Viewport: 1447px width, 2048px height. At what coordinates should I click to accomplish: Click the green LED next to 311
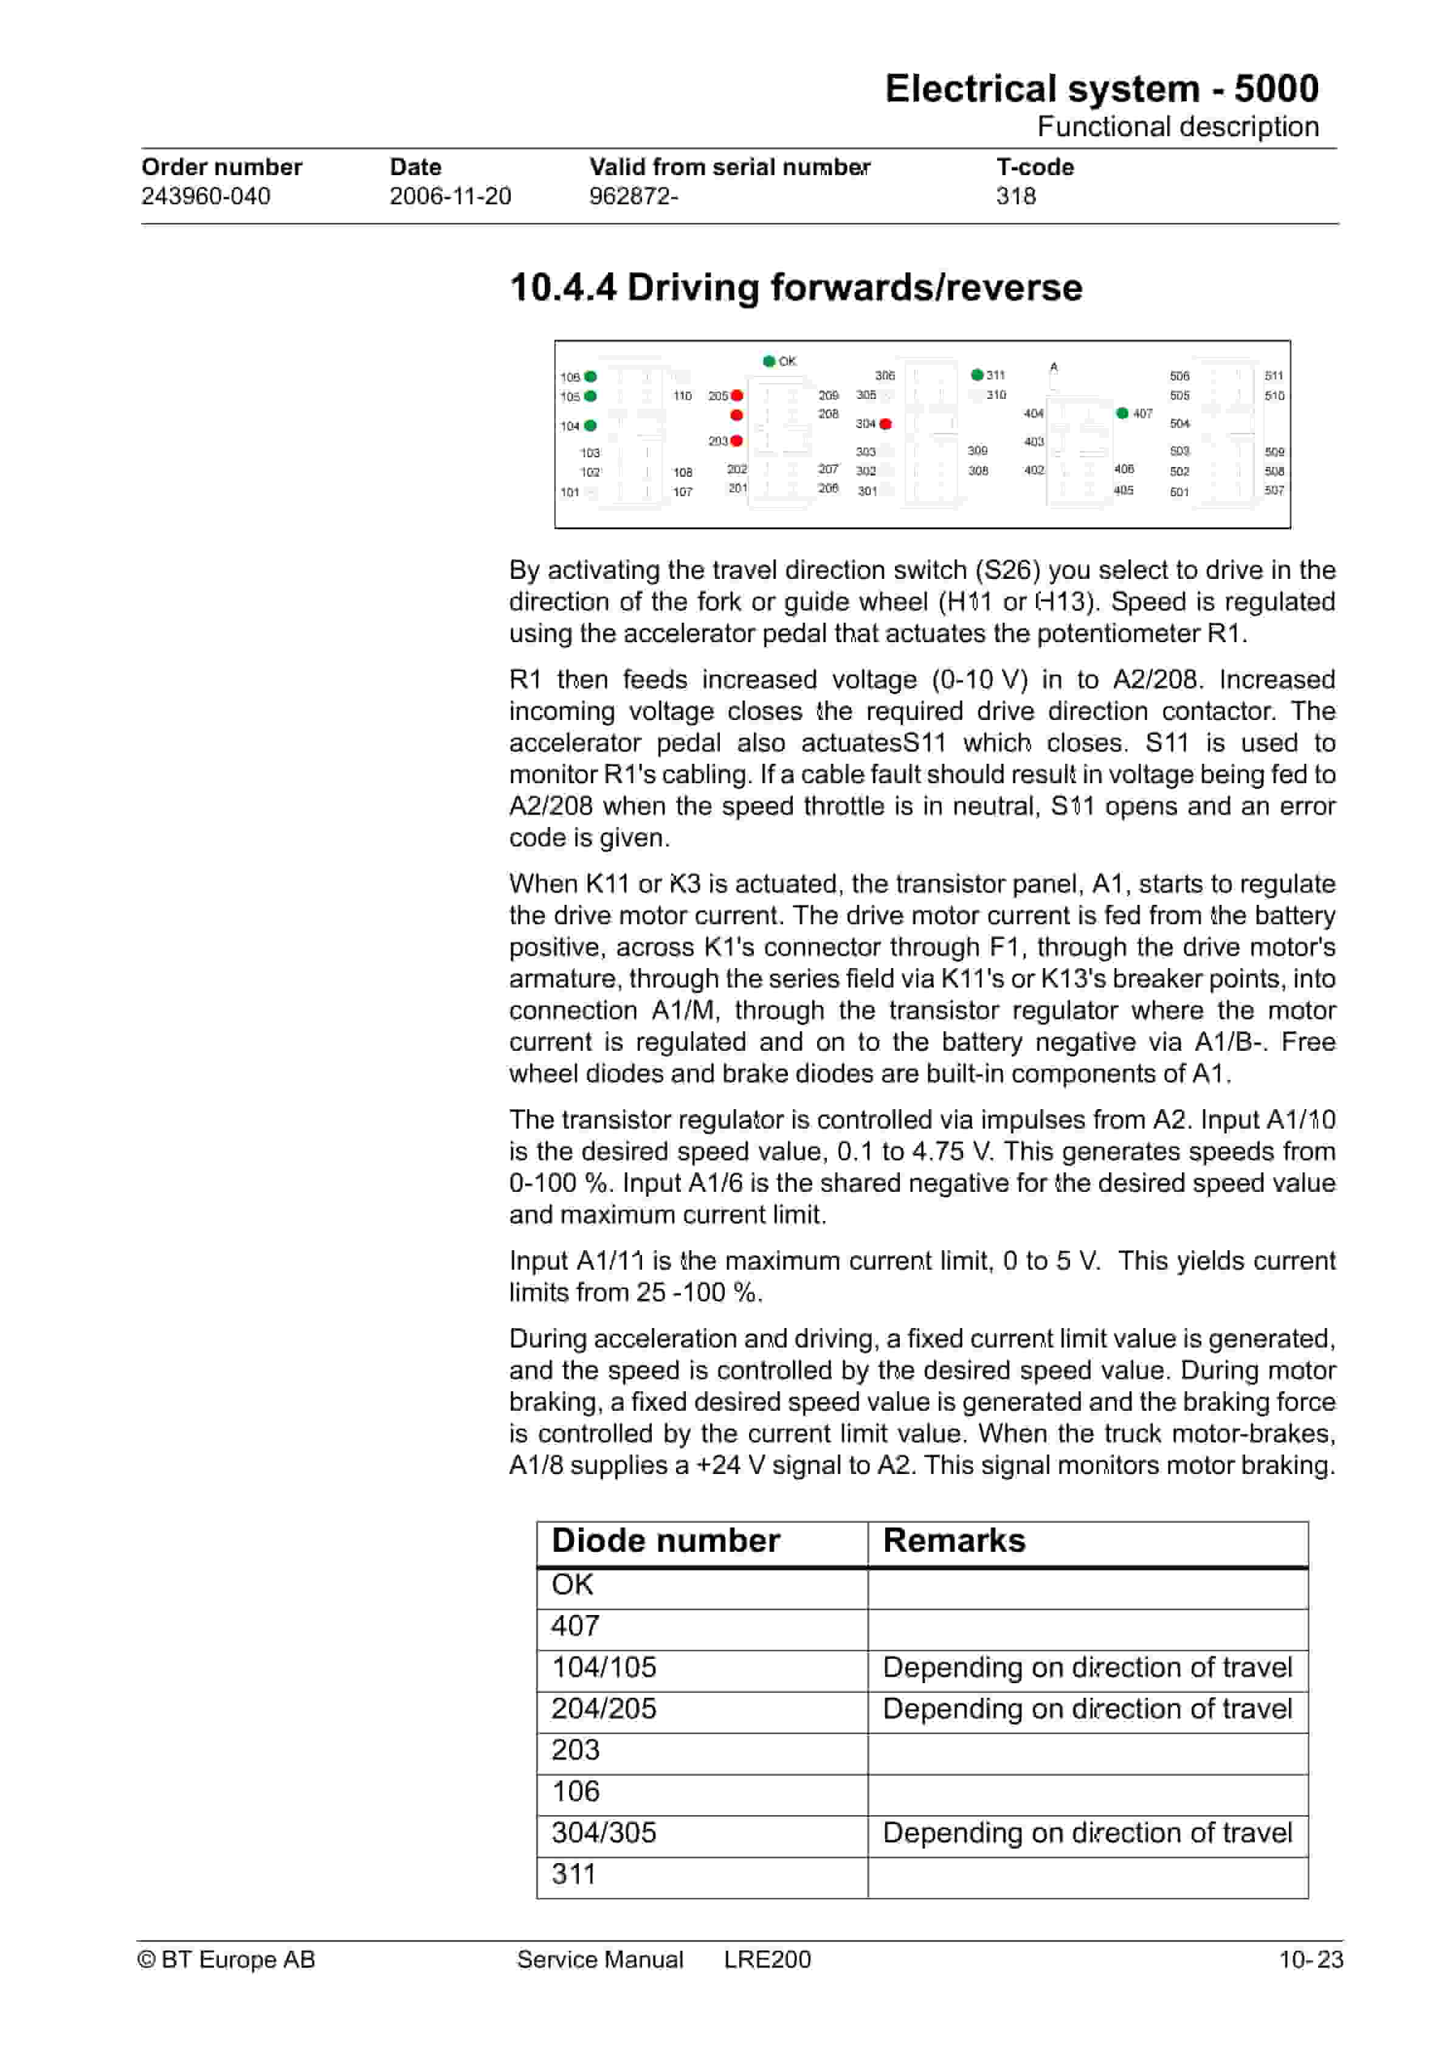977,375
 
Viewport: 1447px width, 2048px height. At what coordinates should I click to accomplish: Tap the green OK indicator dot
769,361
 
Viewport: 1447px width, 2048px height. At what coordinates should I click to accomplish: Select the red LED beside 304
885,424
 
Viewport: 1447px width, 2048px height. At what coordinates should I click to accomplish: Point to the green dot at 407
1122,413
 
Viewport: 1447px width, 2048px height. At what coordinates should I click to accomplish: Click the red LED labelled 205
737,395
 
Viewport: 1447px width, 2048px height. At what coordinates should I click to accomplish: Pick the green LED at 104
590,426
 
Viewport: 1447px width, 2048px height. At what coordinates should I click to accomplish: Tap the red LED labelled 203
737,441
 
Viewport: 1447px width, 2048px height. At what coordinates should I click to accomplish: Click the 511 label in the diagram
1274,376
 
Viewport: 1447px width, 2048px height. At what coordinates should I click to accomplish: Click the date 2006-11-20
450,196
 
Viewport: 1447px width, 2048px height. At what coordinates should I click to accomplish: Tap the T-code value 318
1015,196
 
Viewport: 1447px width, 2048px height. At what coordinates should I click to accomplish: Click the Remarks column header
954,1540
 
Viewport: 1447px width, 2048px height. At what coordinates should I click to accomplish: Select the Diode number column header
666,1540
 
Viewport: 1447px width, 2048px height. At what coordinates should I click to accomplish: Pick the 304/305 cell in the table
604,1832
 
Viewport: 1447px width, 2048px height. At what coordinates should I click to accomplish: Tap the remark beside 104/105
1086,1667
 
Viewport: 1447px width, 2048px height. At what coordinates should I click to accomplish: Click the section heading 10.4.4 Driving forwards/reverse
796,287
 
